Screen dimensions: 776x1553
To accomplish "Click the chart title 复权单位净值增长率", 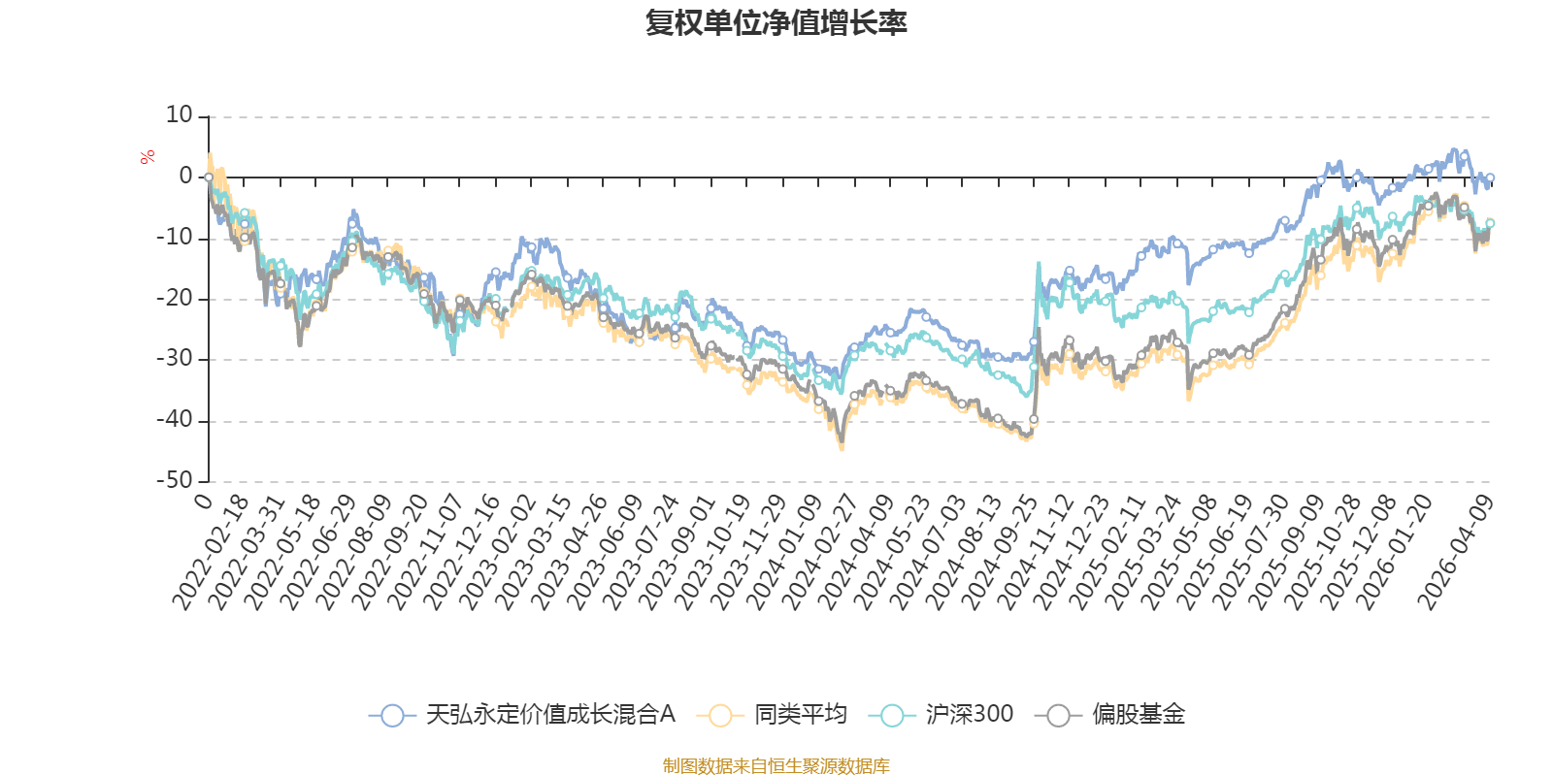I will coord(776,23).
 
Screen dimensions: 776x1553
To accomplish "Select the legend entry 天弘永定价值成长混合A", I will coord(549,715).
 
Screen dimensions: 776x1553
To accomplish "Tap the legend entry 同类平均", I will coord(800,715).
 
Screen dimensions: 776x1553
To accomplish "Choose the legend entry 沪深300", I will coord(968,715).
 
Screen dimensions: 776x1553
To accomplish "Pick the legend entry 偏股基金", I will coord(1138,715).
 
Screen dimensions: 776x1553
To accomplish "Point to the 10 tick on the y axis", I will coord(180,115).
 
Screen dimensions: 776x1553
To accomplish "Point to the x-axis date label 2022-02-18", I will coord(211,553).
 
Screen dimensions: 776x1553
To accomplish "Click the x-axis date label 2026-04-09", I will coord(1455,553).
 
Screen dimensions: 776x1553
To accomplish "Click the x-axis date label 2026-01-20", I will coord(1392,553).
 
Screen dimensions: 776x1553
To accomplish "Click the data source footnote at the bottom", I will coord(776,766).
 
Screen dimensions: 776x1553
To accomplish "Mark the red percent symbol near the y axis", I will coord(147,157).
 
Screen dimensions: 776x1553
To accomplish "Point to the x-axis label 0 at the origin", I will coord(203,501).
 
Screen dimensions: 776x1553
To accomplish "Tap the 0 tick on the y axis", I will coord(185,177).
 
